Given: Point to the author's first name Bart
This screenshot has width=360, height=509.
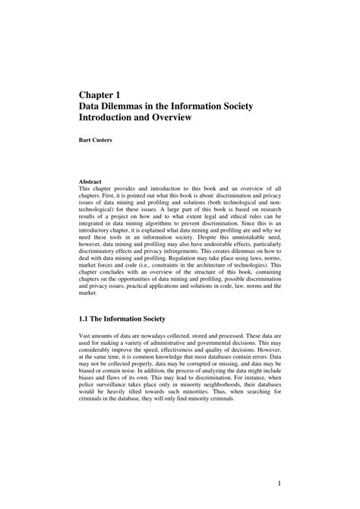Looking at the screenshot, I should coord(85,141).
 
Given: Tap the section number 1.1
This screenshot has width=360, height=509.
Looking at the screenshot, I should coord(86,318).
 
